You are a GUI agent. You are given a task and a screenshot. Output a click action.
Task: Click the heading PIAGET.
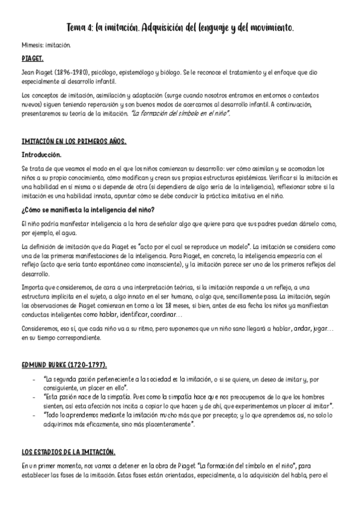click(x=31, y=60)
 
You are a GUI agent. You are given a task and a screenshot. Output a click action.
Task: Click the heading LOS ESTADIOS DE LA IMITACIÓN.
click(x=69, y=452)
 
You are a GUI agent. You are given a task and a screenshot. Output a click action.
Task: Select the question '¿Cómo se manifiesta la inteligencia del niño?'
click(x=88, y=209)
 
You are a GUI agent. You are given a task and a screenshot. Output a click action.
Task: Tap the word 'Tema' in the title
click(x=76, y=28)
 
